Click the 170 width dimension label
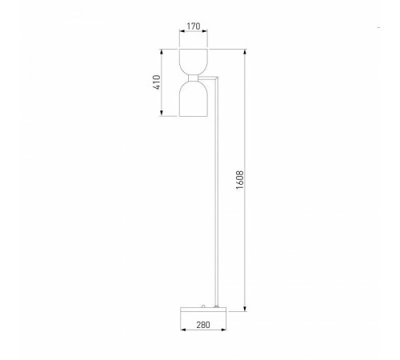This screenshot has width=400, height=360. pyautogui.click(x=194, y=26)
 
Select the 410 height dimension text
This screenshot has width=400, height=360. pyautogui.click(x=157, y=82)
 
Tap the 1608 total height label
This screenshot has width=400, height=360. pyautogui.click(x=240, y=180)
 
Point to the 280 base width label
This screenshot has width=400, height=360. pyautogui.click(x=203, y=325)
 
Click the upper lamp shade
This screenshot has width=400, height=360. pyautogui.click(x=194, y=62)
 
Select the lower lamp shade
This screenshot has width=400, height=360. pyautogui.click(x=194, y=99)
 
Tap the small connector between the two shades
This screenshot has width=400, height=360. pyautogui.click(x=194, y=78)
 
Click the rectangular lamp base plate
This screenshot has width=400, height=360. pyautogui.click(x=203, y=310)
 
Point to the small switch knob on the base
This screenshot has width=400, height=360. pyautogui.click(x=203, y=306)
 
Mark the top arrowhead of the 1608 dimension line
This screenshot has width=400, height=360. pyautogui.click(x=245, y=53)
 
